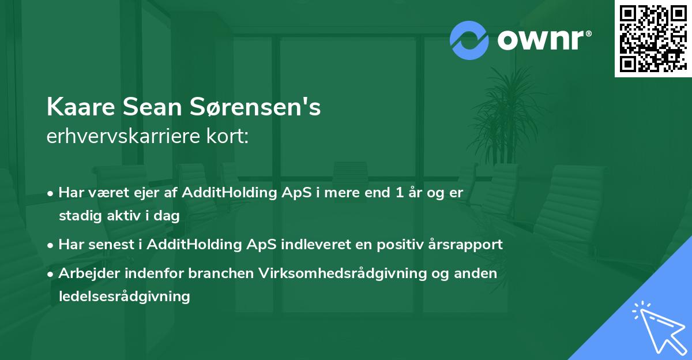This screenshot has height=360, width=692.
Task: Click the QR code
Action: click(653, 39)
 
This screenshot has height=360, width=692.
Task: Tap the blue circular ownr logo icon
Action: click(469, 40)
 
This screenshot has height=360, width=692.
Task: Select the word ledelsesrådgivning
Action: click(124, 297)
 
